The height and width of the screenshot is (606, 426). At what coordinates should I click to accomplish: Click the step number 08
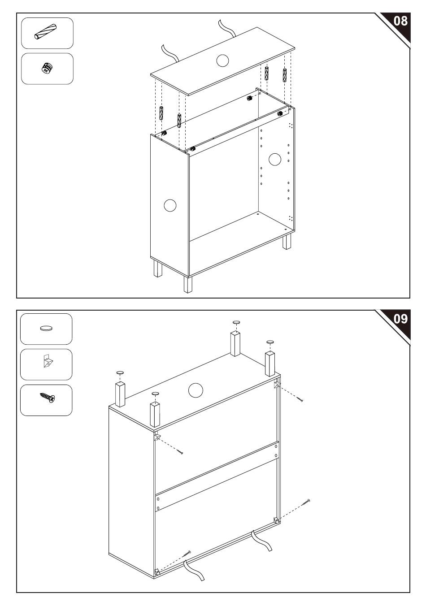click(x=400, y=21)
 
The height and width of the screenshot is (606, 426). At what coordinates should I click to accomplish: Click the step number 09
click(x=400, y=319)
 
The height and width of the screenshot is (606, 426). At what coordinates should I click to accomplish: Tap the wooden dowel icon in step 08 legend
click(x=45, y=32)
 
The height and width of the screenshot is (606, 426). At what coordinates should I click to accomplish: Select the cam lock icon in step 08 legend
click(x=47, y=68)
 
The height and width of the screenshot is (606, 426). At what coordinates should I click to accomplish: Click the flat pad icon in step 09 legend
click(x=46, y=328)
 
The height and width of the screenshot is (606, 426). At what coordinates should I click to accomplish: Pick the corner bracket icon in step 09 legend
click(x=48, y=361)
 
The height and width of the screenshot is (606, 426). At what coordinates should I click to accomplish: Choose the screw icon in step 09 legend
click(x=48, y=397)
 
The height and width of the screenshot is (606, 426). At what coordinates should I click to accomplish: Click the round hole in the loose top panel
click(x=222, y=61)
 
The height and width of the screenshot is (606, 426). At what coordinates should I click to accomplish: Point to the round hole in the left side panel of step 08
click(x=170, y=206)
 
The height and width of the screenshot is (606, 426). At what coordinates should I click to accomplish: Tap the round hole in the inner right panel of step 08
click(x=275, y=159)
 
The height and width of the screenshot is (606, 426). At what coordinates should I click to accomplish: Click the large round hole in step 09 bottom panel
click(x=196, y=390)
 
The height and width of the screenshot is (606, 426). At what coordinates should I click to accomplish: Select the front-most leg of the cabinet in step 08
click(x=188, y=284)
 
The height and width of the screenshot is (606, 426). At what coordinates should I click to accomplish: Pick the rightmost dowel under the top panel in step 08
click(x=284, y=75)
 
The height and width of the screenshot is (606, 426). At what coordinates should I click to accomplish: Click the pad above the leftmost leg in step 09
click(x=120, y=372)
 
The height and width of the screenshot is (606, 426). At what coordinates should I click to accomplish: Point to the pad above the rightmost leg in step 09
click(x=270, y=342)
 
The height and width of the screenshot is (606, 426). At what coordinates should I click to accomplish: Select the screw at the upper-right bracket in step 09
click(x=300, y=398)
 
